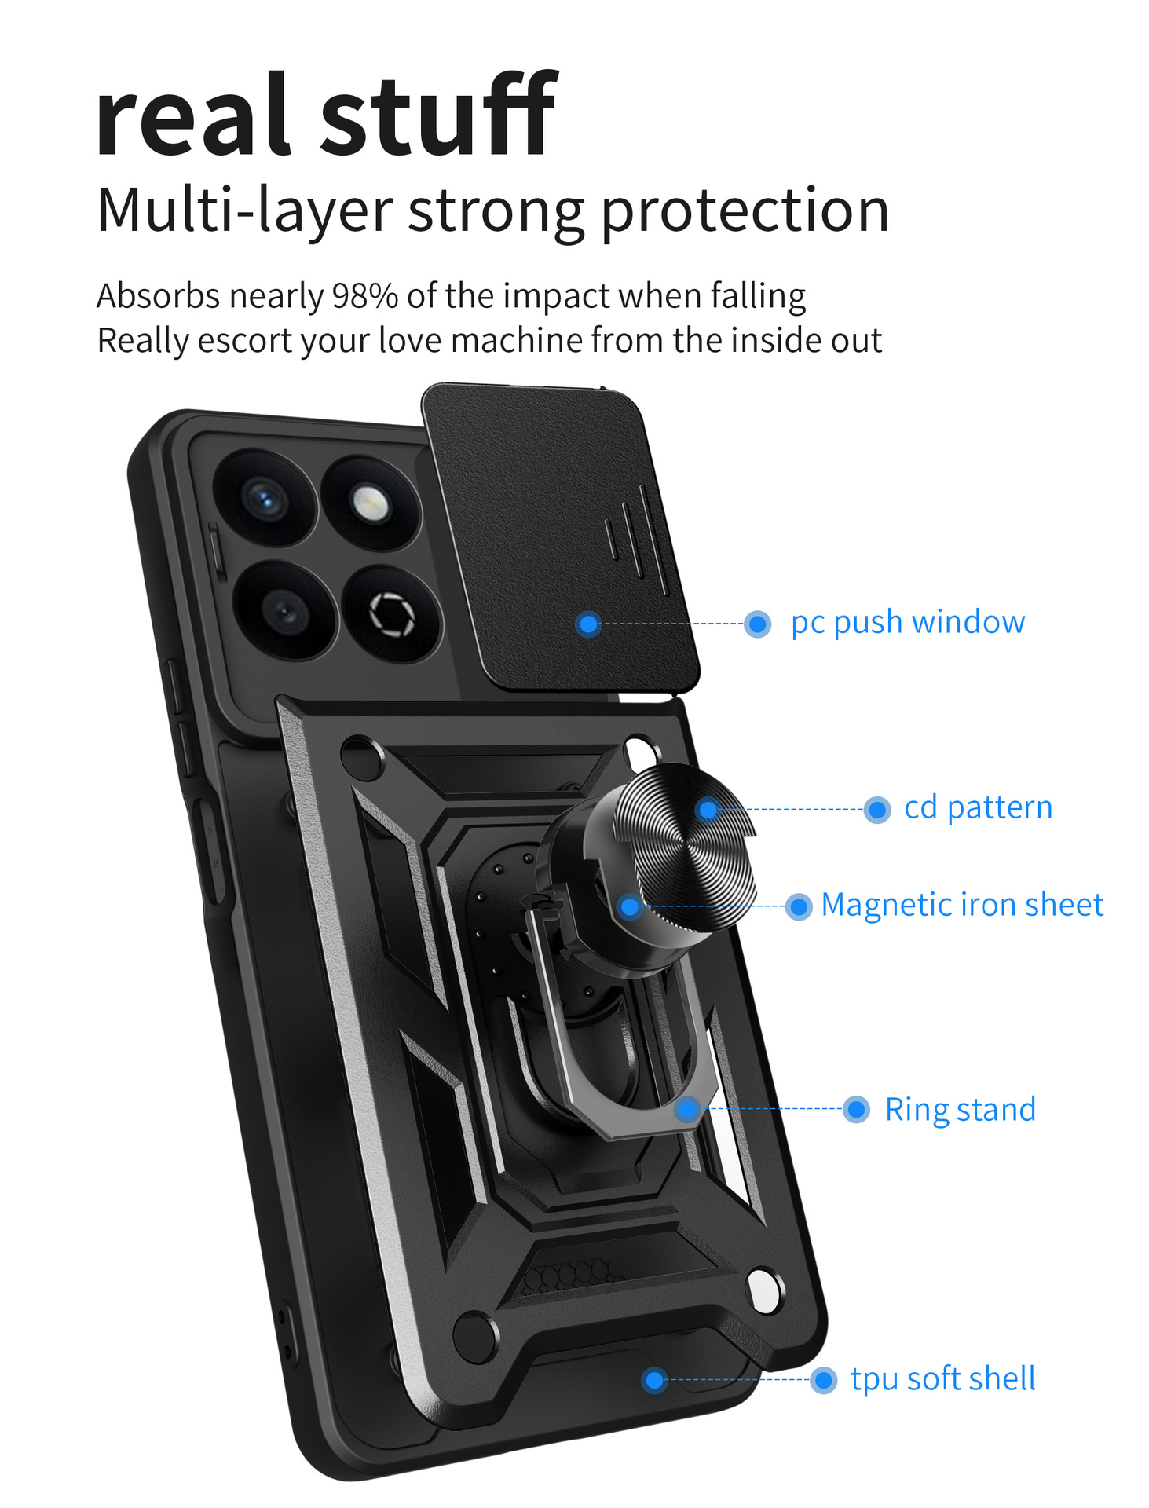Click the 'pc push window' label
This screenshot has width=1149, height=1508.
pyautogui.click(x=907, y=623)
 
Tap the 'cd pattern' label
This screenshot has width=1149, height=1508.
pyautogui.click(x=978, y=808)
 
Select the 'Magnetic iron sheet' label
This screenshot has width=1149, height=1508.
pyautogui.click(x=962, y=905)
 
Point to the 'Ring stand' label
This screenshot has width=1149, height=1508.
pyautogui.click(x=961, y=1110)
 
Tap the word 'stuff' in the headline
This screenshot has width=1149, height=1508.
pyautogui.click(x=439, y=114)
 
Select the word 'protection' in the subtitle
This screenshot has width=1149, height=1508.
pyautogui.click(x=745, y=211)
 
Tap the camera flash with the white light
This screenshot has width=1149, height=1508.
pyautogui.click(x=371, y=504)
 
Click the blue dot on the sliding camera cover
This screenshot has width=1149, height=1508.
pyautogui.click(x=588, y=624)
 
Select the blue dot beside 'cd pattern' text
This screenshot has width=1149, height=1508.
pyautogui.click(x=876, y=809)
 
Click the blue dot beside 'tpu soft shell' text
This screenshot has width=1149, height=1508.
pyautogui.click(x=823, y=1380)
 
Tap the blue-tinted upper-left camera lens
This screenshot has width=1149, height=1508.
pyautogui.click(x=264, y=498)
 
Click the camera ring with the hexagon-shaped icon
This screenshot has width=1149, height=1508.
pyautogui.click(x=392, y=614)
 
